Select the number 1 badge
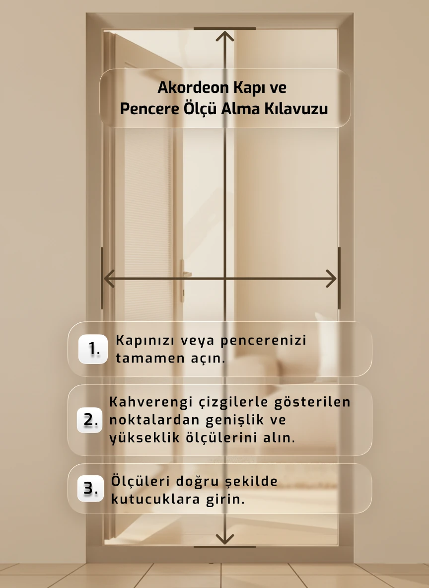[x=93, y=349]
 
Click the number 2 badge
[x=90, y=420]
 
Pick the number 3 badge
[x=90, y=489]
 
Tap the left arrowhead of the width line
[x=108, y=278]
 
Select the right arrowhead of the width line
[x=332, y=278]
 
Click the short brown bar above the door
[x=224, y=29]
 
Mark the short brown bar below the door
[x=224, y=547]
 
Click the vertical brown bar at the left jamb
[x=102, y=278]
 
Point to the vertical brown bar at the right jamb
[x=339, y=278]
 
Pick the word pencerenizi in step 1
[x=263, y=341]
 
